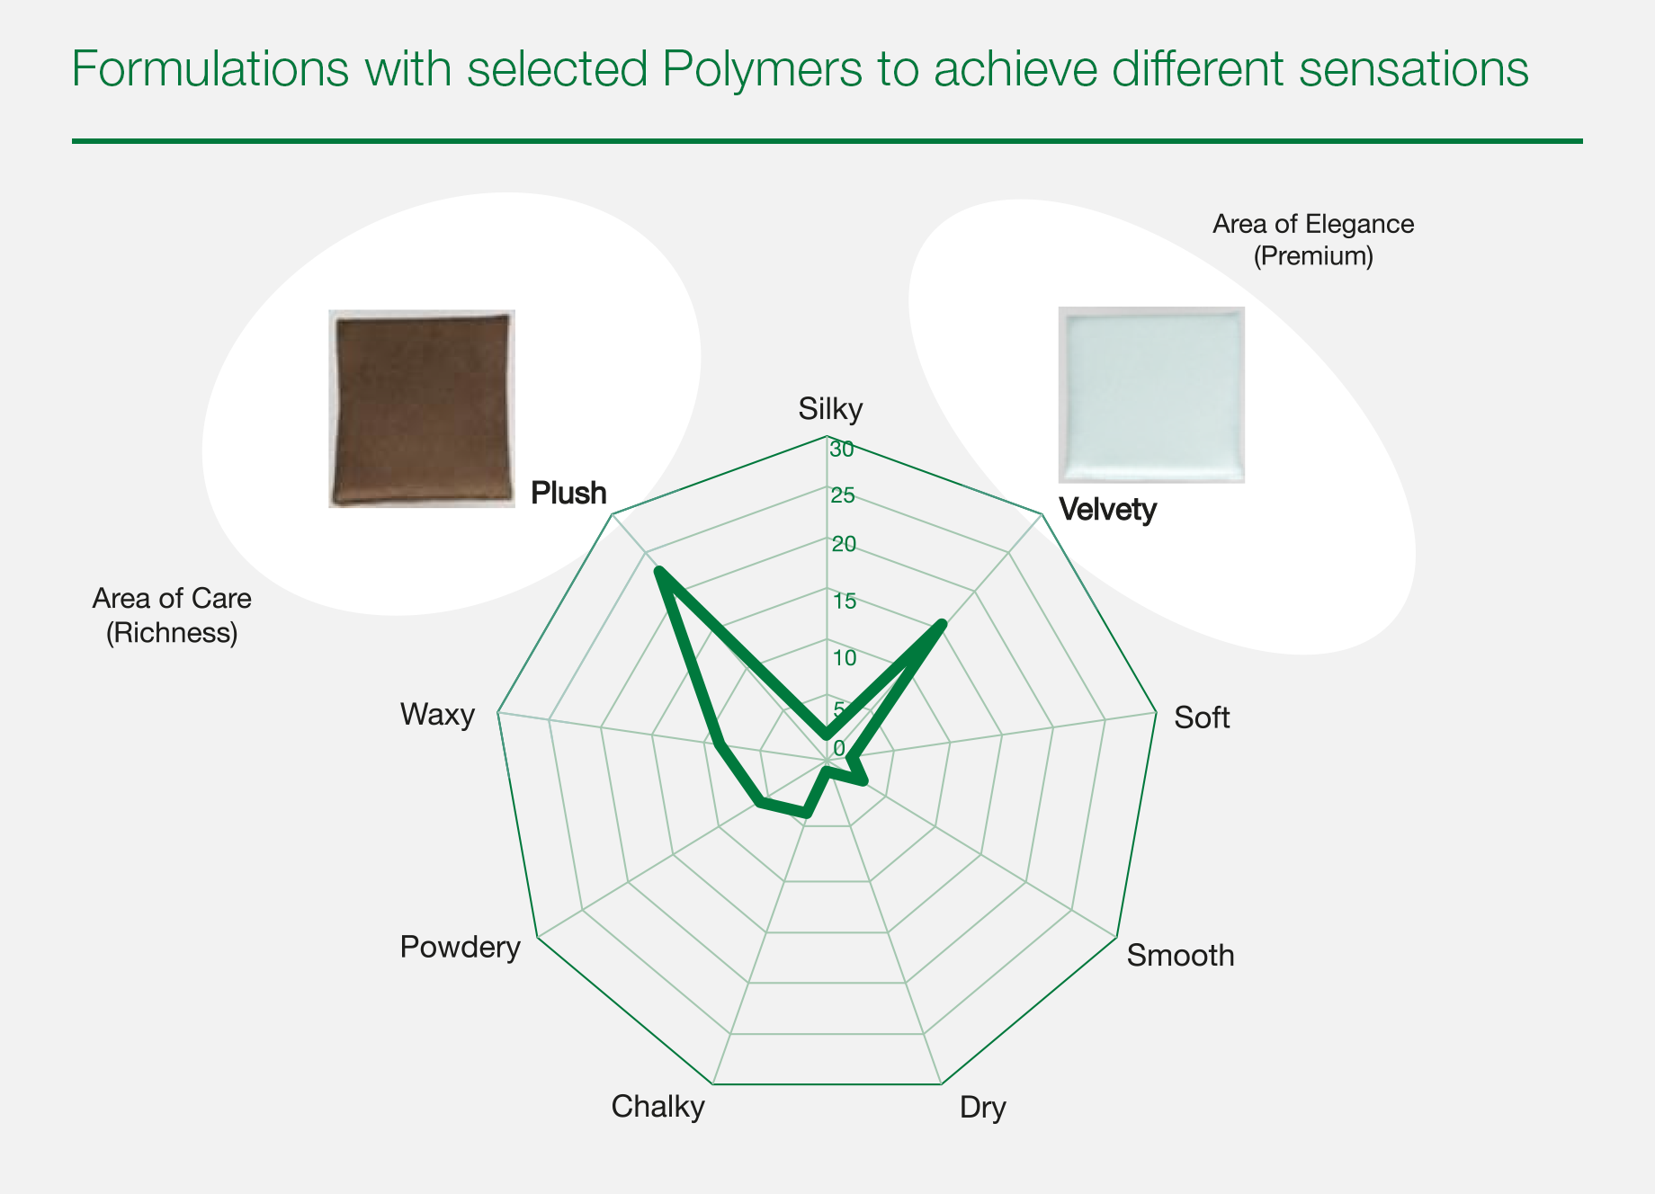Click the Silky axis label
click(x=830, y=410)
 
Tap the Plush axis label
click(x=568, y=493)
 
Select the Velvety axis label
click(x=1108, y=510)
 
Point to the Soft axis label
click(x=1202, y=717)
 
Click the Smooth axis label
click(x=1180, y=955)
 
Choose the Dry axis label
click(x=983, y=1108)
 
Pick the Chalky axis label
click(x=658, y=1107)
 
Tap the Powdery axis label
click(x=461, y=948)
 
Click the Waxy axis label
click(x=438, y=716)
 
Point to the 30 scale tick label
click(x=843, y=450)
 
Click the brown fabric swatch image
click(x=422, y=409)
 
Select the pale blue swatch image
click(x=1151, y=395)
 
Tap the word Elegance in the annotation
click(x=1360, y=224)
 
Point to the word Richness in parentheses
click(x=172, y=633)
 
